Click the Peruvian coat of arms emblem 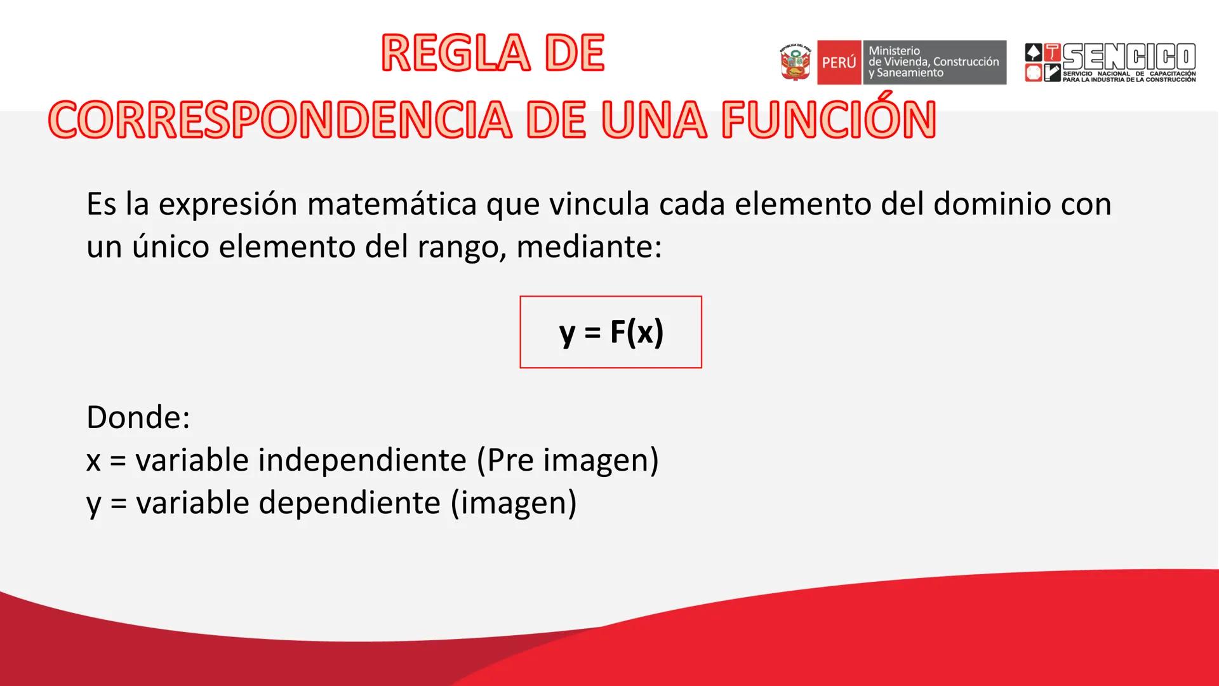click(796, 63)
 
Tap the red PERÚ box click(839, 63)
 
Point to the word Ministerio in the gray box click(894, 51)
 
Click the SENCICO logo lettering click(1129, 57)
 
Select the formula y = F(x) click(611, 332)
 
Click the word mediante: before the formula click(589, 246)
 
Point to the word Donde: click(138, 417)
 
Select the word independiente click(362, 460)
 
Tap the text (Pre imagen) click(568, 460)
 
